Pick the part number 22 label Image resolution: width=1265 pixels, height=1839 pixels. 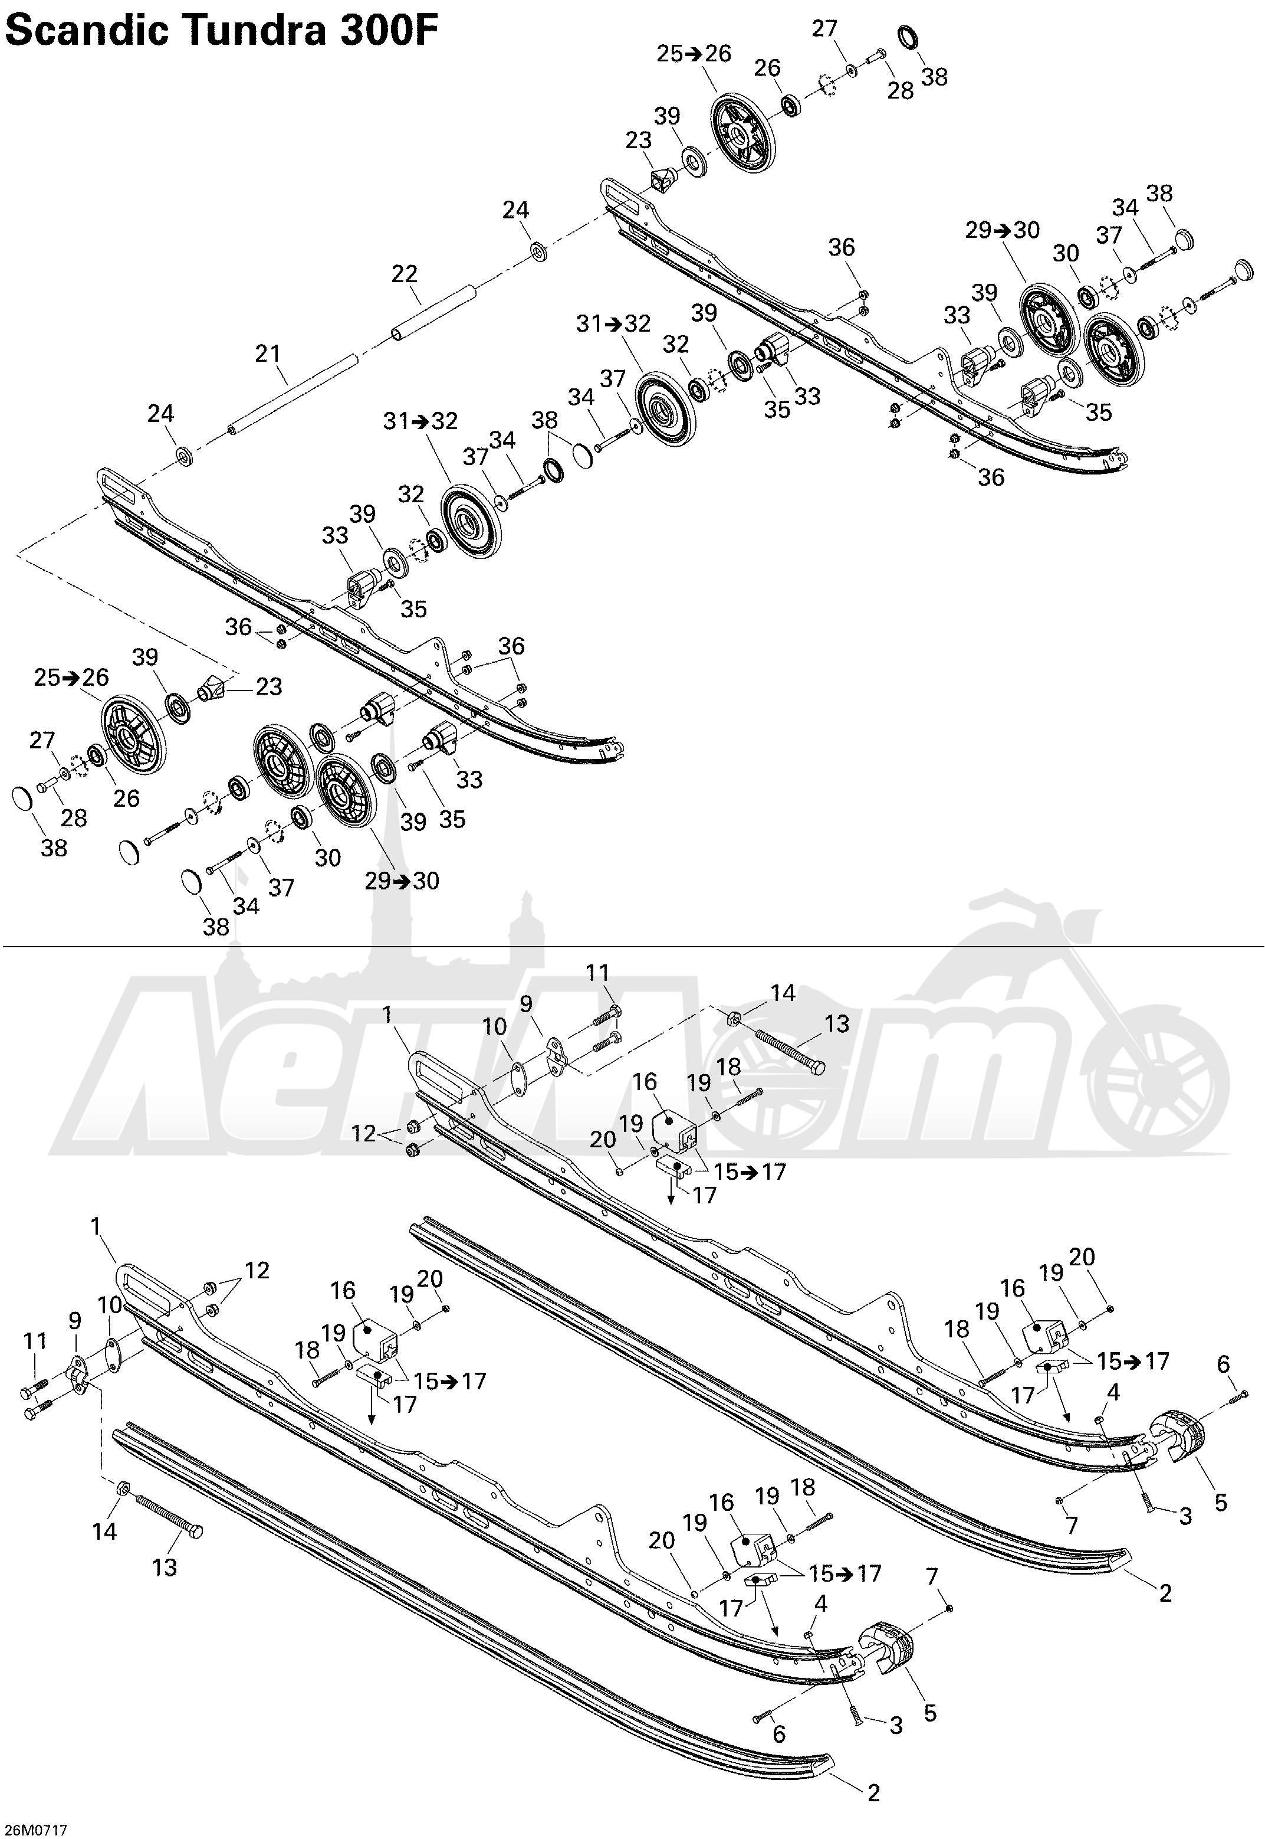[x=404, y=274]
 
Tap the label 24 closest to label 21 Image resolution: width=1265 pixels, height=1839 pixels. [x=162, y=413]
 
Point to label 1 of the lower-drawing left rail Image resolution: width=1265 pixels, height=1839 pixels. [x=97, y=1227]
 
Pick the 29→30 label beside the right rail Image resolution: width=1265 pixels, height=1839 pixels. [x=1003, y=230]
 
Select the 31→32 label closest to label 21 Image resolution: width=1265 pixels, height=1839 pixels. [x=421, y=420]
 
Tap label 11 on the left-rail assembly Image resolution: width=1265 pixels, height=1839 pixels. [x=35, y=1341]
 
